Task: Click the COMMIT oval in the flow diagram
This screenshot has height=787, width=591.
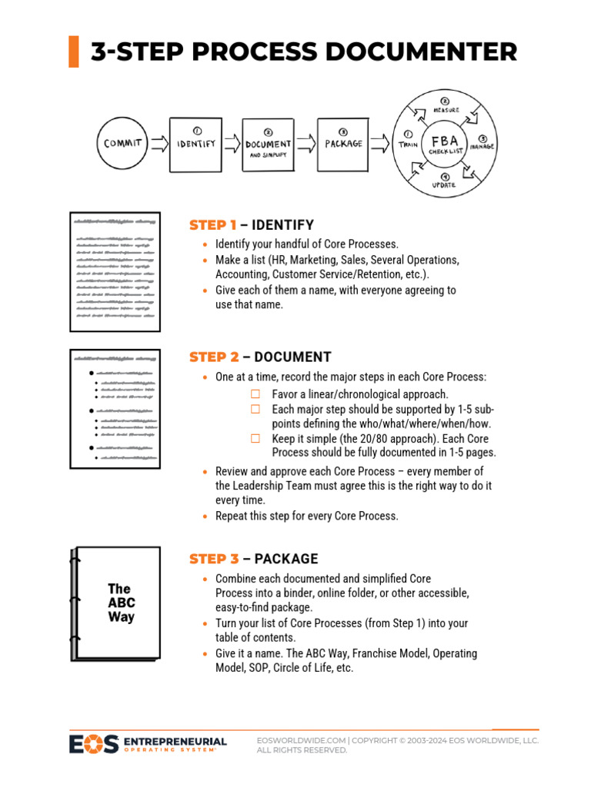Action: pos(122,143)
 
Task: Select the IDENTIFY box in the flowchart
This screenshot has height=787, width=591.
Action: pos(196,143)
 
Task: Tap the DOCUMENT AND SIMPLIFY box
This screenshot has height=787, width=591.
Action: pos(268,144)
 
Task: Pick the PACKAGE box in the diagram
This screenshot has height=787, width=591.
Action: pos(343,143)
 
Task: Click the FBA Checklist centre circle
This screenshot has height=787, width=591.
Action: pos(445,144)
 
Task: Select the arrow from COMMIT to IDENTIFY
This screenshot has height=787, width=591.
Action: pos(159,143)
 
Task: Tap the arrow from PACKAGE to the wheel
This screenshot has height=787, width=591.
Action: pos(380,143)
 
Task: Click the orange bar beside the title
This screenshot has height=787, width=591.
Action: pos(74,51)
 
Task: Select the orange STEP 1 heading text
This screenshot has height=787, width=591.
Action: pos(213,225)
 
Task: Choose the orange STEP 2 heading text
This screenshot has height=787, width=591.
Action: pos(214,357)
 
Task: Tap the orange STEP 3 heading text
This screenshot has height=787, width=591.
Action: pos(214,559)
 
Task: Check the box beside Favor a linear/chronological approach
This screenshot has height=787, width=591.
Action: pos(255,394)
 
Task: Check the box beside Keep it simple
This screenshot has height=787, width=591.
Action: pos(255,438)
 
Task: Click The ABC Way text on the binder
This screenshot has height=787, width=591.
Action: pos(120,603)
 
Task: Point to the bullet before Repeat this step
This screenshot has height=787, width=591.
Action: pos(204,516)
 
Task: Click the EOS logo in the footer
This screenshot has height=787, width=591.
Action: pos(94,744)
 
